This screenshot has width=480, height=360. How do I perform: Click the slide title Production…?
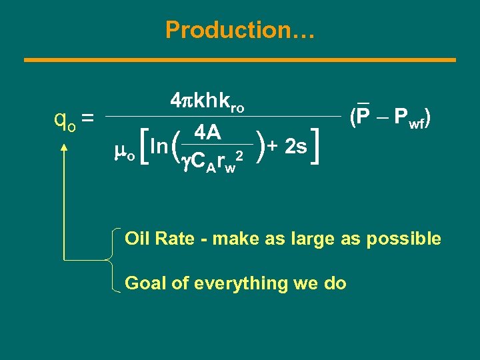coord(240,30)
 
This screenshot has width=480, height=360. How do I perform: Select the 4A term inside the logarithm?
coord(208,133)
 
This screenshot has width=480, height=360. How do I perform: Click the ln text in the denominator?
coord(159,145)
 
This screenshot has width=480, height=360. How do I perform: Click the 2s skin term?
coord(295,145)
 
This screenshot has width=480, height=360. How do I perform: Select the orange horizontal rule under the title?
coord(240,60)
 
